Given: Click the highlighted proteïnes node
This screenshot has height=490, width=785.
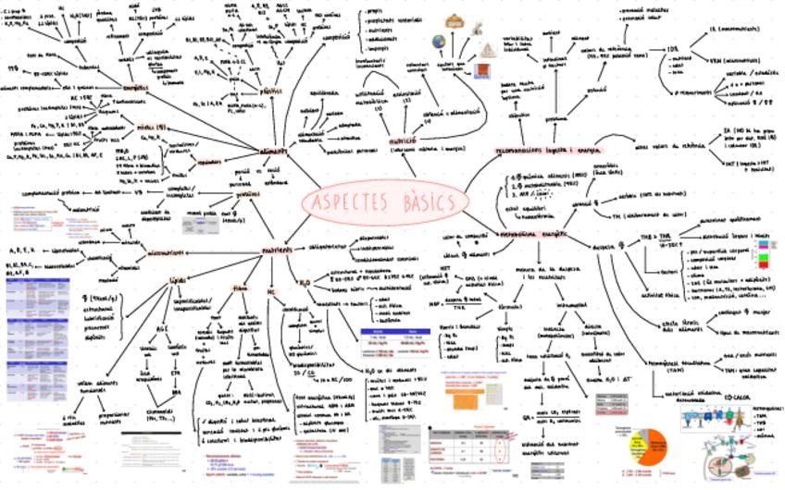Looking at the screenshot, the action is (246, 195).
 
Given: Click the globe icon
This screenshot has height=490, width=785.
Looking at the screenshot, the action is (439, 42).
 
